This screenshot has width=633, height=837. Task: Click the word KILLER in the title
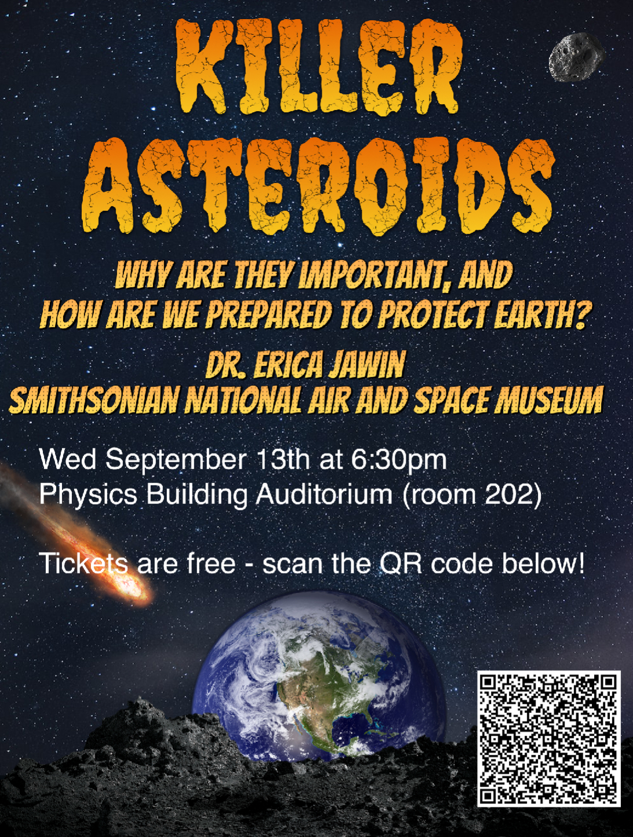tap(318, 67)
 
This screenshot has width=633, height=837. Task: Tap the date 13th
tap(283, 460)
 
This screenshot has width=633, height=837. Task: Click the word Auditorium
tap(324, 495)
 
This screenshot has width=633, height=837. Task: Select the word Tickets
tap(83, 564)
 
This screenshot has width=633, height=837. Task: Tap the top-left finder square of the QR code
tap(492, 686)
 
